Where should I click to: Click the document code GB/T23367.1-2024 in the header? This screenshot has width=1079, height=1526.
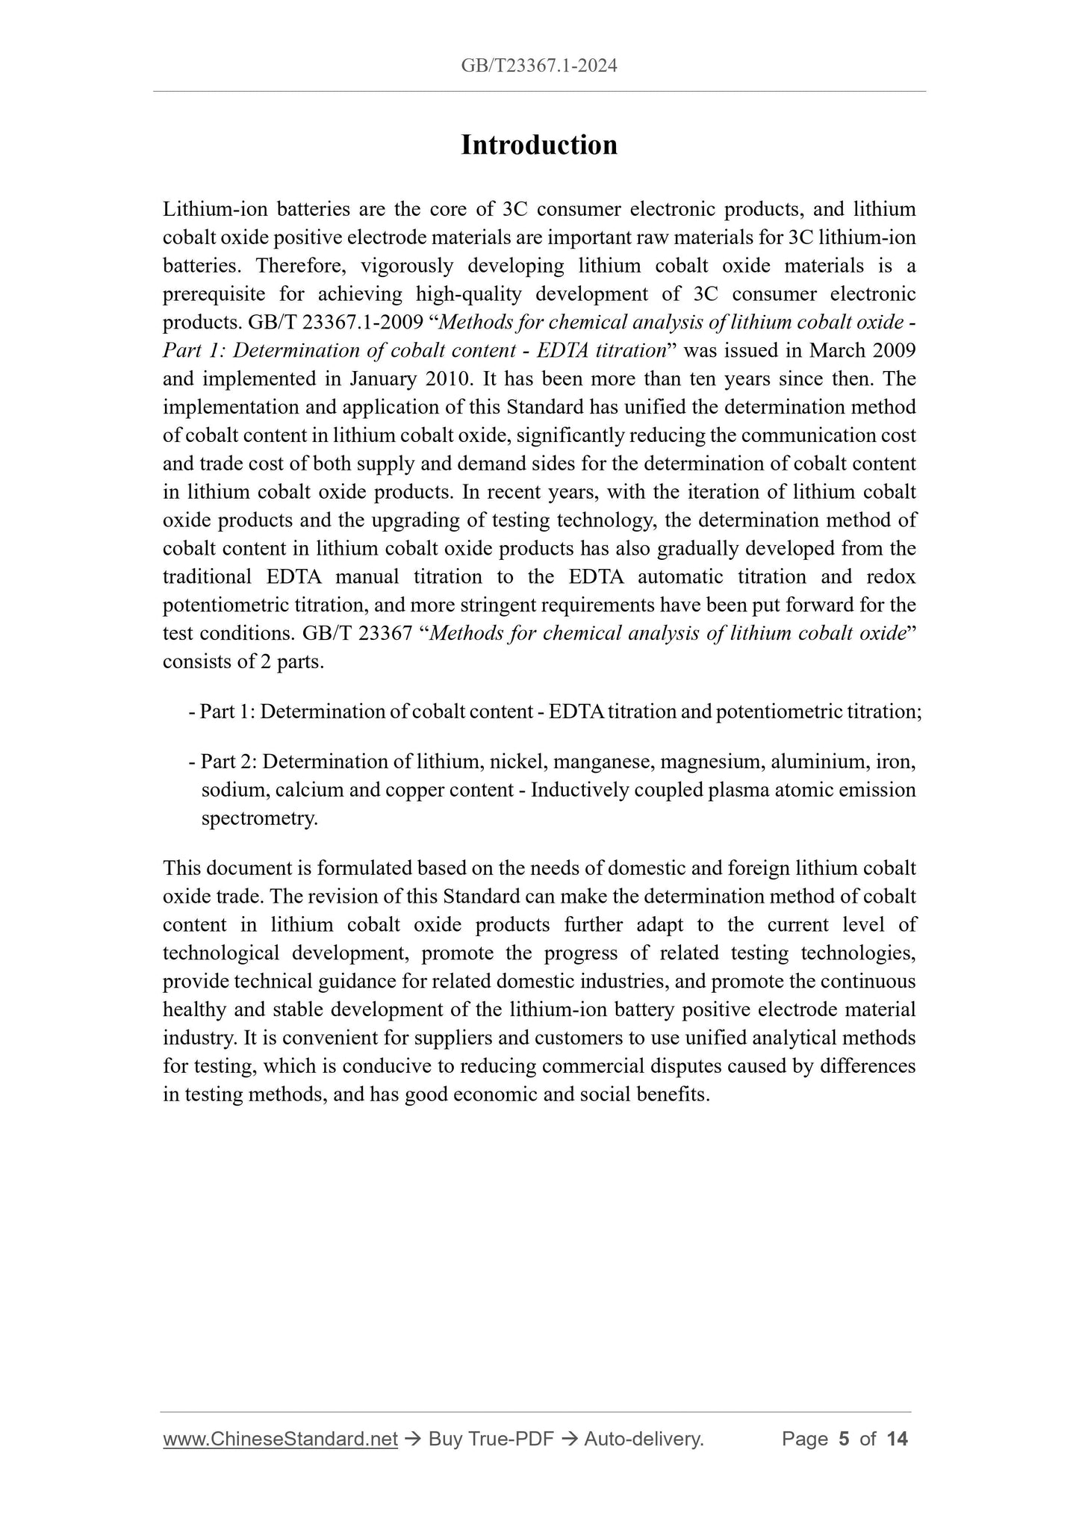539,66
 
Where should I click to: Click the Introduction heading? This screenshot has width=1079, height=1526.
539,145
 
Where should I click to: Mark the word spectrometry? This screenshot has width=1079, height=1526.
260,819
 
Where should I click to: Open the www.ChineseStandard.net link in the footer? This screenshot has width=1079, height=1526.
280,1439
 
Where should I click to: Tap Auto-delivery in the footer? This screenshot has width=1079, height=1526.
644,1439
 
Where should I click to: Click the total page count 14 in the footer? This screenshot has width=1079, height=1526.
897,1439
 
